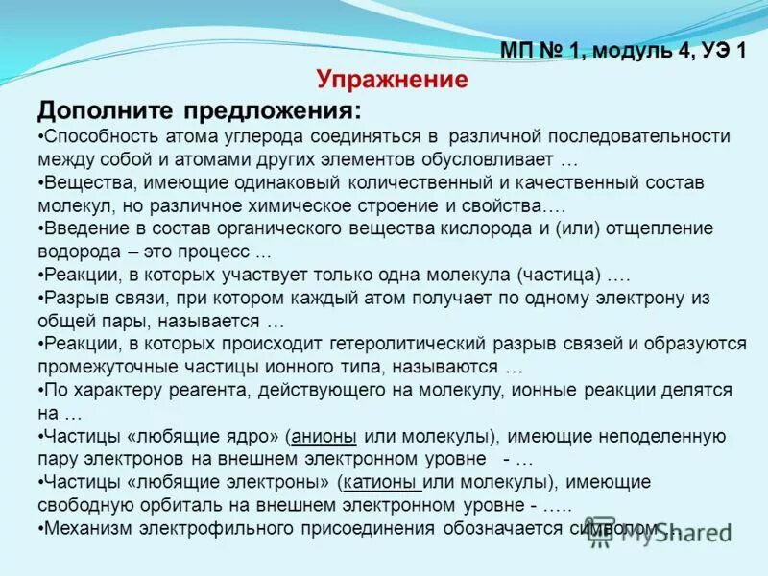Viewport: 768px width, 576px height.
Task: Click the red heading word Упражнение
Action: [392, 79]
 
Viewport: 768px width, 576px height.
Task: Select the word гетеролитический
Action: [387, 343]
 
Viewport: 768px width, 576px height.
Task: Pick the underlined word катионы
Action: [382, 481]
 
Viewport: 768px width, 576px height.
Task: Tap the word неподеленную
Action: [662, 435]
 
